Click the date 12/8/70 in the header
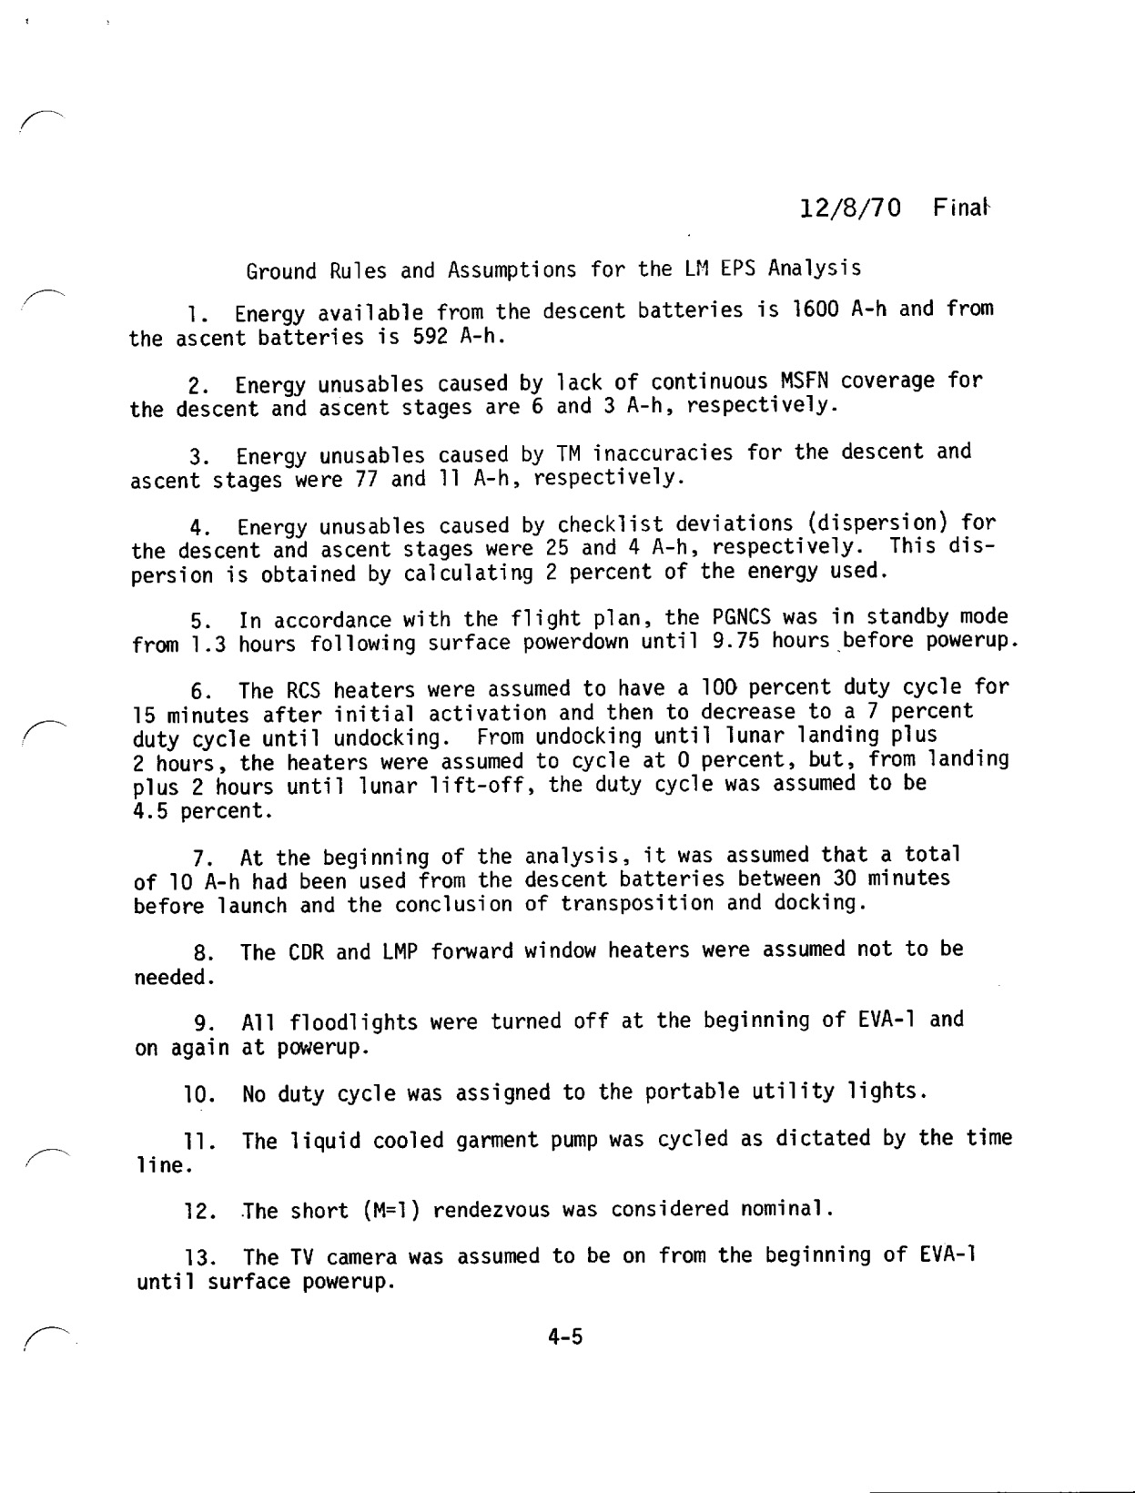point(850,208)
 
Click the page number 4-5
point(565,1337)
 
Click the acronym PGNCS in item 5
point(743,618)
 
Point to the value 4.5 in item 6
point(150,810)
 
